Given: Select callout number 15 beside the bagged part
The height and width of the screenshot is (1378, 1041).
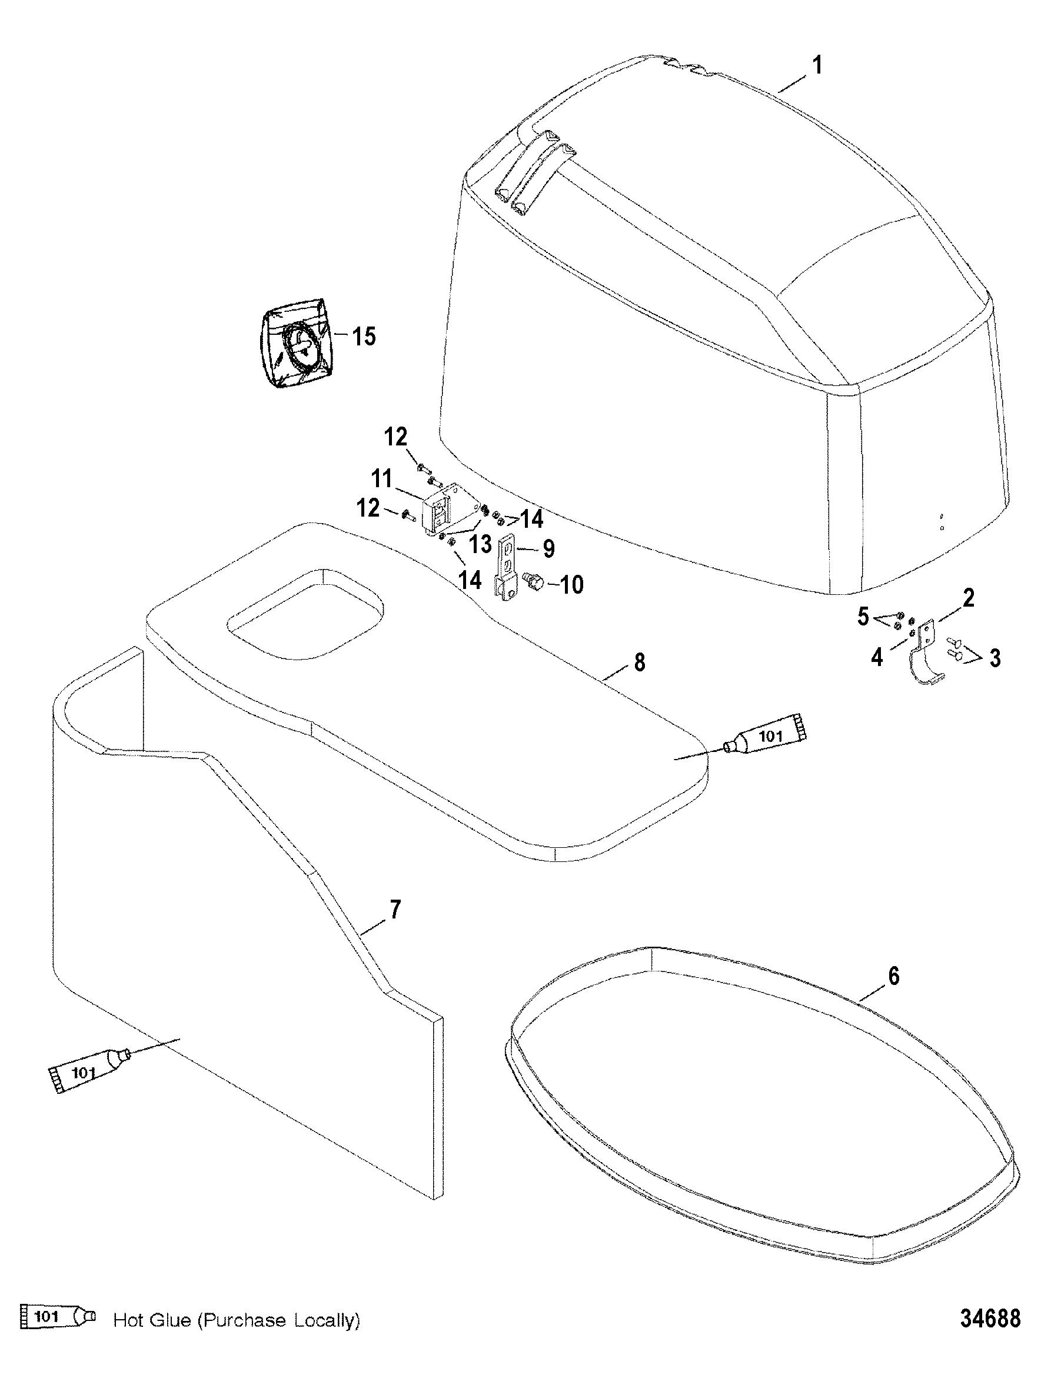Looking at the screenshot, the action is tap(364, 337).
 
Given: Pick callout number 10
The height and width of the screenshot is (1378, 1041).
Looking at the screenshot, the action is tap(571, 585).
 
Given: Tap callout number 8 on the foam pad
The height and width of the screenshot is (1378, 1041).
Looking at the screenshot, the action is tap(639, 662).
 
